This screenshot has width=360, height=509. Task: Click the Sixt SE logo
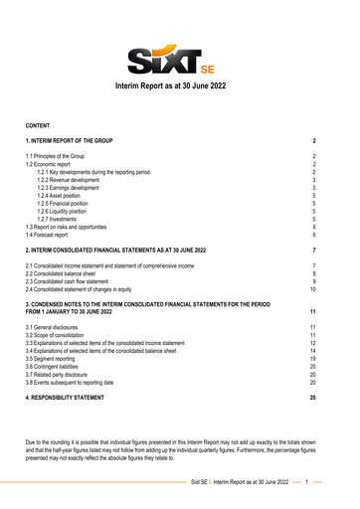coord(179,59)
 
